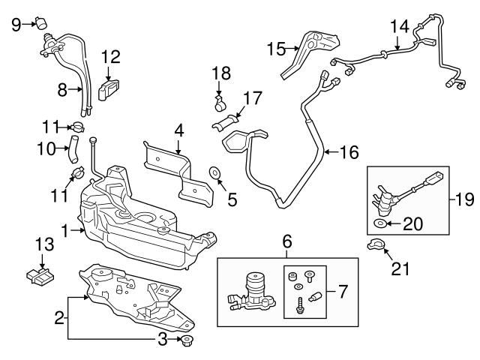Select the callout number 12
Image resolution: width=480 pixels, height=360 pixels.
111,55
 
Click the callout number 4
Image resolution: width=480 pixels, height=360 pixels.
178,130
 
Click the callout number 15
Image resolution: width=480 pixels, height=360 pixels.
277,49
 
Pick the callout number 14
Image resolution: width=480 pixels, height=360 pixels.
400,25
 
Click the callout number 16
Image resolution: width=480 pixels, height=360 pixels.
349,152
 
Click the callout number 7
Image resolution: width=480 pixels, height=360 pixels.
343,291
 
